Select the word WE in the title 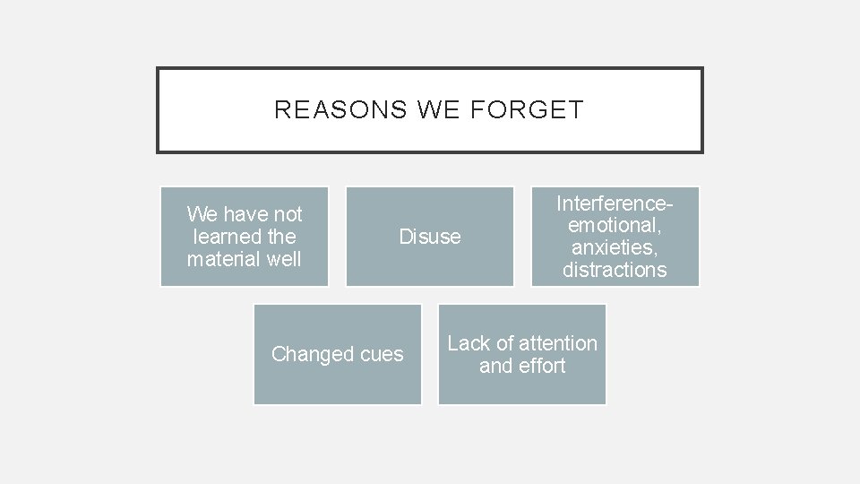pos(437,110)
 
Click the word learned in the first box pos(225,237)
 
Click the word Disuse pos(430,237)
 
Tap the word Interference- pos(615,203)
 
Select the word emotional pos(615,225)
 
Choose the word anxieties pos(615,247)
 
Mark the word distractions pos(615,270)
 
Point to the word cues pos(382,354)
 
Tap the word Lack pos(469,343)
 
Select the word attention pos(557,343)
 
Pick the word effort pos(542,366)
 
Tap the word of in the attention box pos(504,343)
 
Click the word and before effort pos(496,366)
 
